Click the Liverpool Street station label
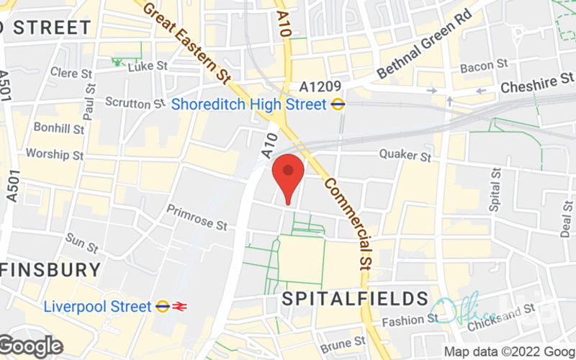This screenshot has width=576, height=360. [97, 306]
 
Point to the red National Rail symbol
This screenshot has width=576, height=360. [180, 306]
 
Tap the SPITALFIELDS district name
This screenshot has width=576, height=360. [355, 298]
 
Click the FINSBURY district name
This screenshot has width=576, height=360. [50, 270]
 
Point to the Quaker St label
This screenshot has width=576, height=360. [405, 155]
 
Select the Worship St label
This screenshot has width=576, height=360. [55, 154]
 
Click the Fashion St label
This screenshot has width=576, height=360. [405, 320]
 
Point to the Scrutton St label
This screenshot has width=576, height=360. [130, 104]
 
